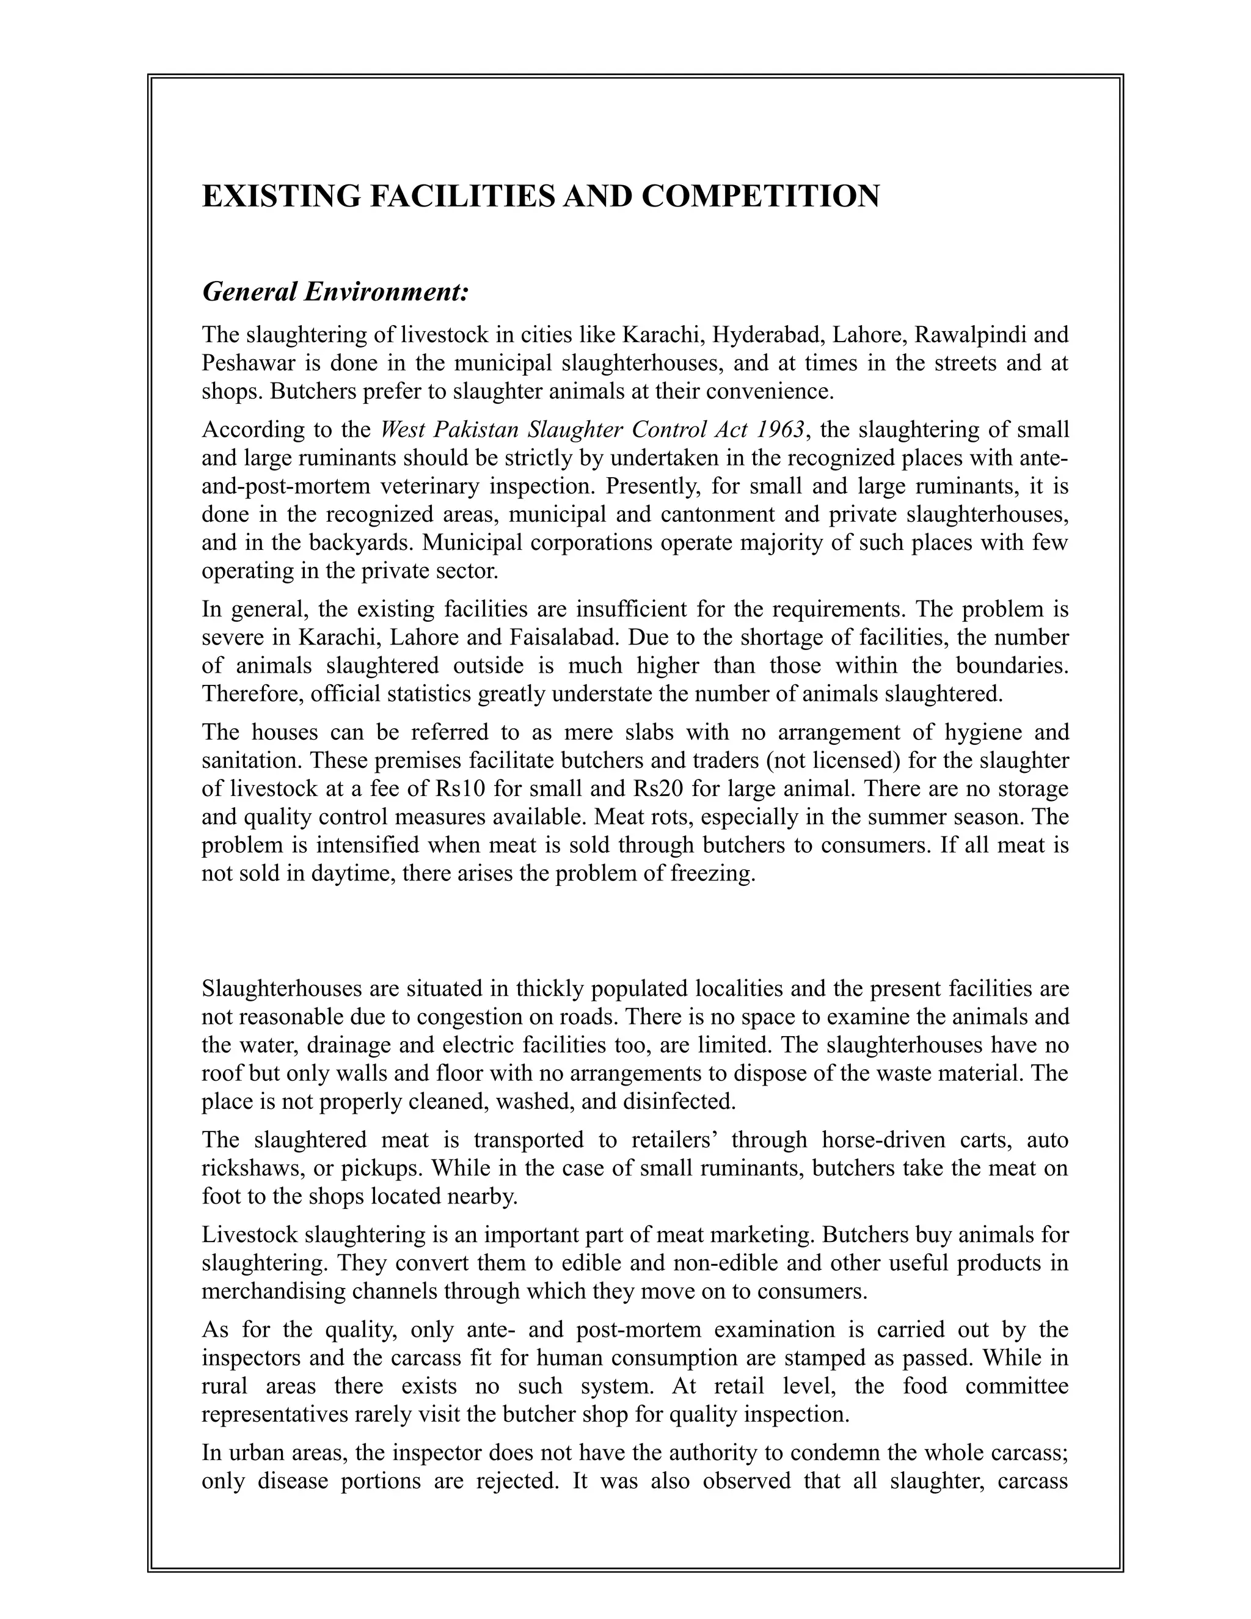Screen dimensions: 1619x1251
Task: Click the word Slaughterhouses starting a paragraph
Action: (279, 988)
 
